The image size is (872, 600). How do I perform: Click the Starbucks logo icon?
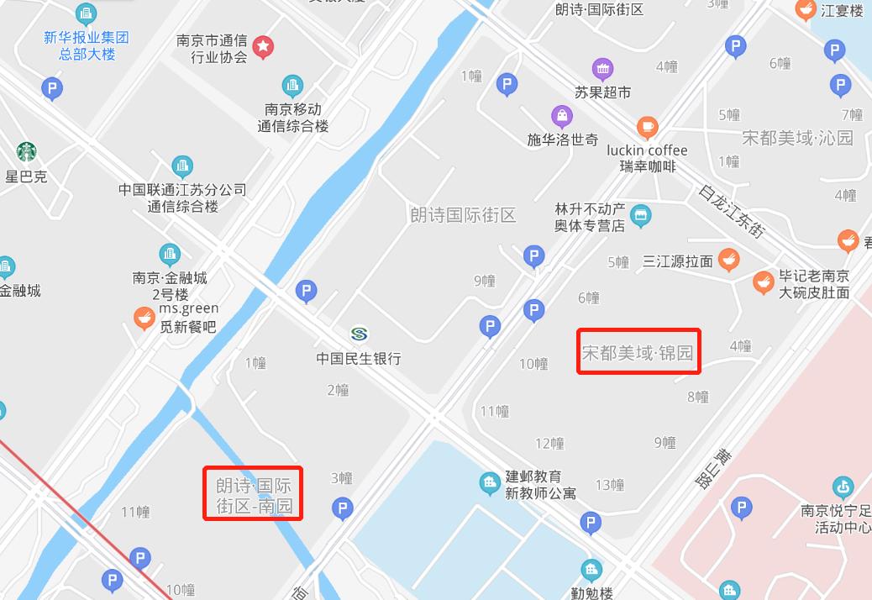pyautogui.click(x=27, y=152)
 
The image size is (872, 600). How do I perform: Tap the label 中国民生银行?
pyautogui.click(x=359, y=359)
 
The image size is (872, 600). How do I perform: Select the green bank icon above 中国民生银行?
pyautogui.click(x=360, y=334)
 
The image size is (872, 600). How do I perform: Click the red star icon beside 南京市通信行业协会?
pyautogui.click(x=263, y=46)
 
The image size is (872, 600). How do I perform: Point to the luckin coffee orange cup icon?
pyautogui.click(x=647, y=127)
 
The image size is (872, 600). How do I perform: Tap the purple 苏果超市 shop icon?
pyautogui.click(x=602, y=69)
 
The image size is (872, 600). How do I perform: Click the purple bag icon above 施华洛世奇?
pyautogui.click(x=562, y=115)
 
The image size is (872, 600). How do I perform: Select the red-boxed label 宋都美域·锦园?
pyautogui.click(x=638, y=352)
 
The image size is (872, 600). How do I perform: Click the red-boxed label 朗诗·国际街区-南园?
pyautogui.click(x=254, y=496)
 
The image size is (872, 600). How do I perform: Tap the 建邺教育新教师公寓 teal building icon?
pyautogui.click(x=490, y=483)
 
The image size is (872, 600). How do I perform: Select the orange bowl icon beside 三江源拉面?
pyautogui.click(x=728, y=260)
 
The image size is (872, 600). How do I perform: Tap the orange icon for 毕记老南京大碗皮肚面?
pyautogui.click(x=763, y=282)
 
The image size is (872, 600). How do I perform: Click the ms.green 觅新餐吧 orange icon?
pyautogui.click(x=144, y=318)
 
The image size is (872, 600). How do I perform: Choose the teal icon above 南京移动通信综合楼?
pyautogui.click(x=292, y=85)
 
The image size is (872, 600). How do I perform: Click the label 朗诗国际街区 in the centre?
pyautogui.click(x=463, y=214)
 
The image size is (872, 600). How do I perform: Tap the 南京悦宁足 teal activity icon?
pyautogui.click(x=842, y=487)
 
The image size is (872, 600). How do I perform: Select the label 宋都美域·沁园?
pyautogui.click(x=797, y=137)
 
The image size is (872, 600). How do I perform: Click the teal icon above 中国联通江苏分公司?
pyautogui.click(x=182, y=166)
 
